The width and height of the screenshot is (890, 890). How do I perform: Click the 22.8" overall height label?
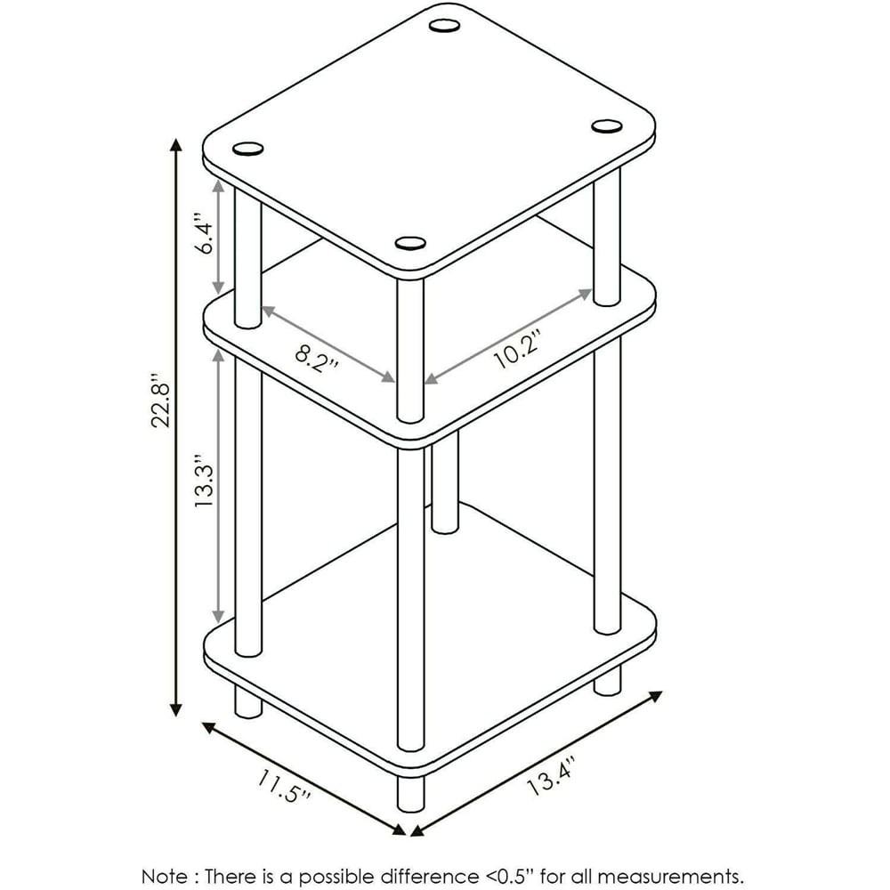click(160, 400)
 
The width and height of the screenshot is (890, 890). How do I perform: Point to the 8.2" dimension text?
click(316, 358)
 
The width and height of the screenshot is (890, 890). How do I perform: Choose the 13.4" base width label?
click(551, 776)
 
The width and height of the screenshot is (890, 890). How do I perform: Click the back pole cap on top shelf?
click(444, 26)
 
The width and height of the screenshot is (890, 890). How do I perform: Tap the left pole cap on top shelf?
click(248, 149)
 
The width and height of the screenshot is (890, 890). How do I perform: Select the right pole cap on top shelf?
click(607, 126)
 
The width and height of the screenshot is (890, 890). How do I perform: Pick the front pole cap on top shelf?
click(410, 244)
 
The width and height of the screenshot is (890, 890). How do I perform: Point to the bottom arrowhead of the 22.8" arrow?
click(176, 709)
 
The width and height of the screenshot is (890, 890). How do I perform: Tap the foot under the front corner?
click(410, 793)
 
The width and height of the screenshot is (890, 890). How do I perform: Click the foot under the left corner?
click(248, 700)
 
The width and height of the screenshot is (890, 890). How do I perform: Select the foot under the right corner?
click(607, 680)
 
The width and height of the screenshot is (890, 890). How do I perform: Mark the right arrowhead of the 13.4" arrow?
click(656, 697)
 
